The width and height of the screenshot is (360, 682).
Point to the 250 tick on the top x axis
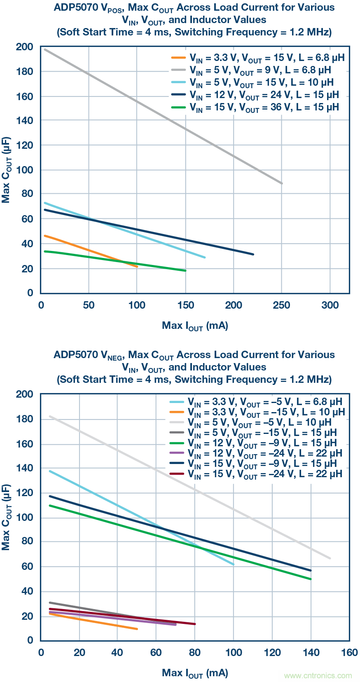(282, 305)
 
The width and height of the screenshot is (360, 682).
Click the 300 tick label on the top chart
(330, 305)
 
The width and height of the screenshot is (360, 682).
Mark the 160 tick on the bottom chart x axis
(349, 652)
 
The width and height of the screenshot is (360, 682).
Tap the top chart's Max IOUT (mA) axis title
(195, 326)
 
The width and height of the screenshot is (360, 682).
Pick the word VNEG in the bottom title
(112, 355)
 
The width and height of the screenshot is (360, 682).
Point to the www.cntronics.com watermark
(318, 675)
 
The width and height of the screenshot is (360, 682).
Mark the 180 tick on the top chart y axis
(25, 71)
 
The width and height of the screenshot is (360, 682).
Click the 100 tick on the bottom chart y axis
(25, 517)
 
